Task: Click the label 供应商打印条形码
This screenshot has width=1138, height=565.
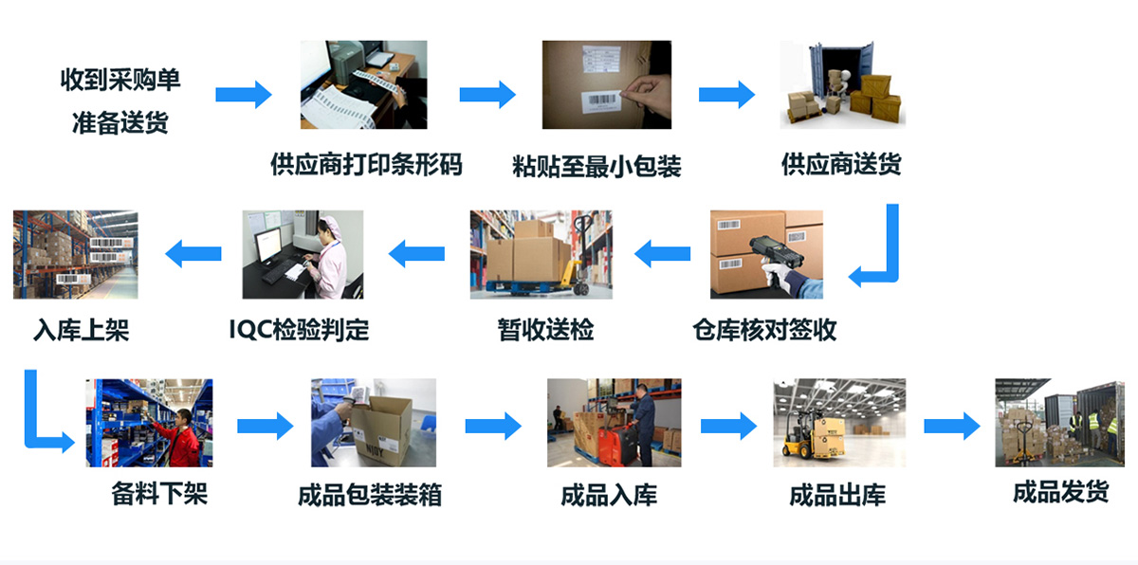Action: tap(366, 165)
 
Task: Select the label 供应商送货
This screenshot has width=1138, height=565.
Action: tap(841, 165)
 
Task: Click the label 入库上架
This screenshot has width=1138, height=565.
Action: tap(81, 330)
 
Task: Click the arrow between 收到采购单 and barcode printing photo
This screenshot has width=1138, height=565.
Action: tap(243, 95)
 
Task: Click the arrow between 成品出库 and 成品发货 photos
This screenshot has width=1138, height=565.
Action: tap(951, 426)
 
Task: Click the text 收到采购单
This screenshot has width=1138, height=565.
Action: tap(120, 81)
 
